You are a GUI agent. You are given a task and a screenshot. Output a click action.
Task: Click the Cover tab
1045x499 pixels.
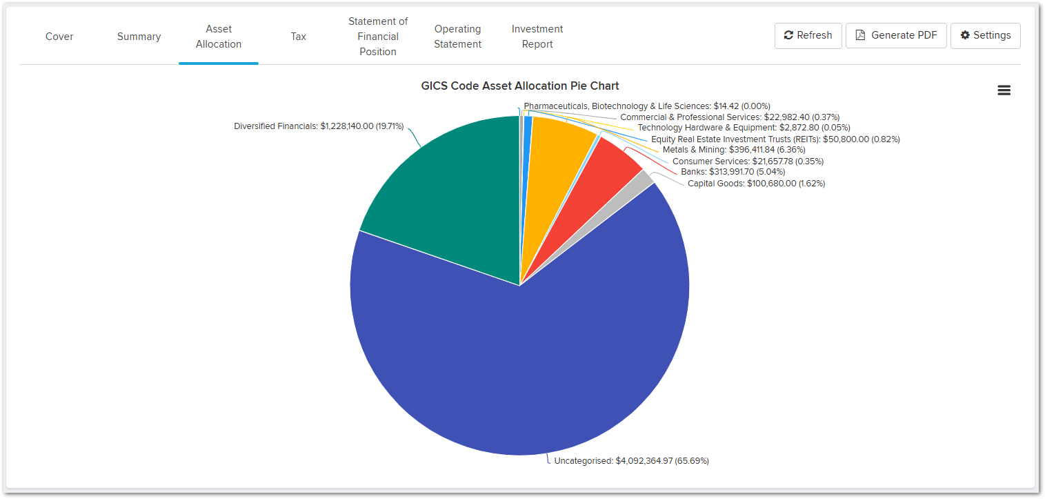[x=59, y=37]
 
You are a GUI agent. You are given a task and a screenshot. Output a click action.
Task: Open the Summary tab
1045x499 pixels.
[x=139, y=37]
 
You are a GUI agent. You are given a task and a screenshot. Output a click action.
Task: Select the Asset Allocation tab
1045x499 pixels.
[x=219, y=37]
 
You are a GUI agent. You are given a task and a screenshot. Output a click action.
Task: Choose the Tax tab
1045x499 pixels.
[x=298, y=37]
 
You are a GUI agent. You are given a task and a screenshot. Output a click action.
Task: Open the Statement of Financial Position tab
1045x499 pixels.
[x=378, y=37]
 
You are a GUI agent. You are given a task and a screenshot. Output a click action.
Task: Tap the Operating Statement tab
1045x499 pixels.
[x=457, y=37]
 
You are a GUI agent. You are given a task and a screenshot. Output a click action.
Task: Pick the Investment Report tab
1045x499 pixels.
[x=537, y=37]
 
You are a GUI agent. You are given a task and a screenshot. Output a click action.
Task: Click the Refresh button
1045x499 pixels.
[x=808, y=35]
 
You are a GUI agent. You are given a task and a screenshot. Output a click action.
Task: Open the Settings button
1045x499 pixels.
[x=985, y=35]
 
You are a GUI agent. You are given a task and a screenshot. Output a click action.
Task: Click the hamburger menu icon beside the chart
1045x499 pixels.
[x=1004, y=90]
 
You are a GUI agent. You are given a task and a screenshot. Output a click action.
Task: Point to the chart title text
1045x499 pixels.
[x=520, y=86]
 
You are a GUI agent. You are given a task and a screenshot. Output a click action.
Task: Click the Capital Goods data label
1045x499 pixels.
[x=756, y=184]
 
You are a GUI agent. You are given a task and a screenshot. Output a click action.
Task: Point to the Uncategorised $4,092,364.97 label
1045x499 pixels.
[x=631, y=460]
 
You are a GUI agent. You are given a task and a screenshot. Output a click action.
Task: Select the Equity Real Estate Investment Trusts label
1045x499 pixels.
[x=775, y=139]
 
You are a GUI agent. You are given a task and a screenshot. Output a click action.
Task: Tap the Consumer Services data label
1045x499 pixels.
[x=748, y=162]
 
